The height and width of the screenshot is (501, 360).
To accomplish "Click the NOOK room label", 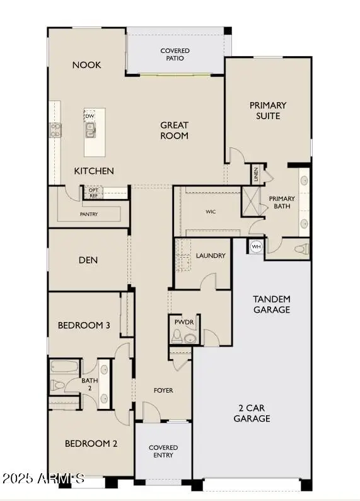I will pyautogui.click(x=86, y=65).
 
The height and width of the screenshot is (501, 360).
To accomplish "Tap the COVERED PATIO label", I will pyautogui.click(x=175, y=54).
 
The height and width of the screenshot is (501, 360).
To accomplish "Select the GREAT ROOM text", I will pyautogui.click(x=174, y=130).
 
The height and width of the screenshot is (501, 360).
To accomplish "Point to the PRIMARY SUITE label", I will pyautogui.click(x=268, y=110).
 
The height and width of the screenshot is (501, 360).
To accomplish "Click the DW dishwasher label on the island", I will pyautogui.click(x=90, y=117).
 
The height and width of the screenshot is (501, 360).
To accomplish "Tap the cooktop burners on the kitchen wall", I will pyautogui.click(x=55, y=130).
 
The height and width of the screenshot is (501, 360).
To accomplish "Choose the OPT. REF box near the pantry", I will pyautogui.click(x=93, y=192).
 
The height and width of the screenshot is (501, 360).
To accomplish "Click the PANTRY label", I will pyautogui.click(x=88, y=214).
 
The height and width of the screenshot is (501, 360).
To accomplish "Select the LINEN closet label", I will pyautogui.click(x=255, y=173).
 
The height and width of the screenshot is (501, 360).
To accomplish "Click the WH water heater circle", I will pyautogui.click(x=256, y=246).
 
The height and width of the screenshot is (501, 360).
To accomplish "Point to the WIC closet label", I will pyautogui.click(x=211, y=212).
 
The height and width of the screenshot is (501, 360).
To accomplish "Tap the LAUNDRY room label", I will pyautogui.click(x=211, y=256).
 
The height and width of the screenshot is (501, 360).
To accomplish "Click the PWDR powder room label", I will pyautogui.click(x=185, y=322).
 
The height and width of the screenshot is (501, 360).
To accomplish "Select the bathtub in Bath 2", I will pyautogui.click(x=63, y=367).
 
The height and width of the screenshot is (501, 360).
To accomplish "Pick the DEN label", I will pyautogui.click(x=88, y=260).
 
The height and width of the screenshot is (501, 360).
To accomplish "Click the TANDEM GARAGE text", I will pyautogui.click(x=271, y=304).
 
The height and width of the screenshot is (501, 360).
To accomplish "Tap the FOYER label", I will pyautogui.click(x=163, y=391).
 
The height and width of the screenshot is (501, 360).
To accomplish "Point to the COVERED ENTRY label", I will pyautogui.click(x=163, y=451).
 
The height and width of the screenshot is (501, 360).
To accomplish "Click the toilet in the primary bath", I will pyautogui.click(x=301, y=248).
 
